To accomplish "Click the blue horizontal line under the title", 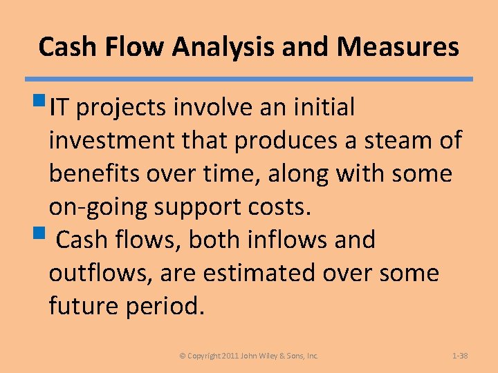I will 249,79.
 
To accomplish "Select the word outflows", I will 100,273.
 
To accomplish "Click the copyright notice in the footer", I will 249,356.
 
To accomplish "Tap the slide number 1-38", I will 460,356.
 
